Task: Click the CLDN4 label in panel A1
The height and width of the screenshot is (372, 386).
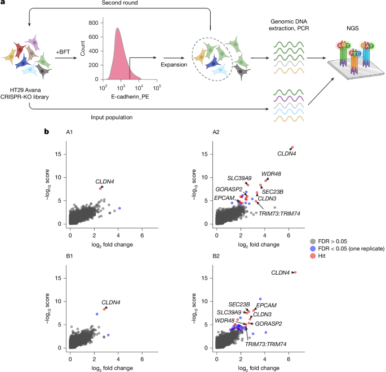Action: point(104,181)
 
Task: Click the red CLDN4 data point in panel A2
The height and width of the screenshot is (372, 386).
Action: point(292,147)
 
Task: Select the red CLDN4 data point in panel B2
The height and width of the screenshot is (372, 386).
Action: point(295,272)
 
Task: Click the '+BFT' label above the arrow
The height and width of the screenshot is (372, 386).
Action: point(64,52)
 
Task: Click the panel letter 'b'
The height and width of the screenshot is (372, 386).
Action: point(48,132)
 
